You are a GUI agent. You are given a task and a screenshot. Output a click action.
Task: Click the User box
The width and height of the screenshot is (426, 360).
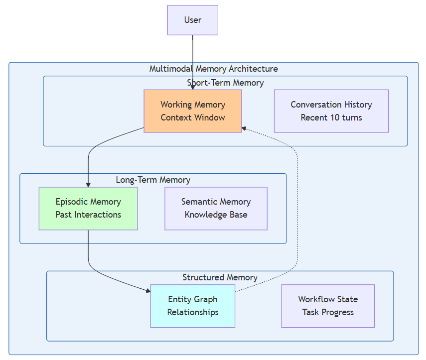click(192, 20)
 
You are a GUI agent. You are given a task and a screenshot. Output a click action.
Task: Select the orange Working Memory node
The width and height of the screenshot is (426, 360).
click(192, 111)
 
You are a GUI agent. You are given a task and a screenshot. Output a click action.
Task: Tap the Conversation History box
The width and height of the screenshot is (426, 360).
click(331, 111)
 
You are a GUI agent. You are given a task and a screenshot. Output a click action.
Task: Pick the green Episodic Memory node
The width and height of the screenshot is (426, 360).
click(88, 208)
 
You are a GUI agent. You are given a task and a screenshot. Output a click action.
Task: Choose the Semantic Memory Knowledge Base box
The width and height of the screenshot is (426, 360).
click(216, 208)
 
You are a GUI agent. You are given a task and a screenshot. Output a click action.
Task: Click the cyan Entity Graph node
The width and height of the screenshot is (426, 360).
click(192, 306)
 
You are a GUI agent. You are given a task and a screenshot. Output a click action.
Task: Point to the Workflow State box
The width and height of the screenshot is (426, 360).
click(327, 306)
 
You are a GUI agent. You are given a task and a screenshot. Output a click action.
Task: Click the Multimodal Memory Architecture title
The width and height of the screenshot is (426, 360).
click(213, 69)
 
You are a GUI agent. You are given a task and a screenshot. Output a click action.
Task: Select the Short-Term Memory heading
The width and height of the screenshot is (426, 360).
click(225, 83)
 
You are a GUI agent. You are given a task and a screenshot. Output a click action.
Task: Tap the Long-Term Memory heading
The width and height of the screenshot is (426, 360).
click(153, 180)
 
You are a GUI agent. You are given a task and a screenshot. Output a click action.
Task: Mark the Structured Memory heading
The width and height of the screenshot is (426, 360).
click(220, 277)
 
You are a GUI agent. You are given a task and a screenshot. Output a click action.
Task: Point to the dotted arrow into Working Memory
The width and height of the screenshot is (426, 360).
click(297, 199)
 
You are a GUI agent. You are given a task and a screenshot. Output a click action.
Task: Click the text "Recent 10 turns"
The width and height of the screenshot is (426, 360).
click(331, 118)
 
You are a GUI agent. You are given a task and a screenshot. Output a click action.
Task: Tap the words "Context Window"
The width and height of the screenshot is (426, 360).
click(192, 118)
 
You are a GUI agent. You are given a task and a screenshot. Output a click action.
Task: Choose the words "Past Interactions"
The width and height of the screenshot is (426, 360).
click(88, 215)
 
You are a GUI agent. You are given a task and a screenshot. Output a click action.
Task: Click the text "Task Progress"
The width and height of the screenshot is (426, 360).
click(327, 312)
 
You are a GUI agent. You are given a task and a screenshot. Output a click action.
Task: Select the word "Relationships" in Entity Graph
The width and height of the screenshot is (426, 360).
click(192, 312)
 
